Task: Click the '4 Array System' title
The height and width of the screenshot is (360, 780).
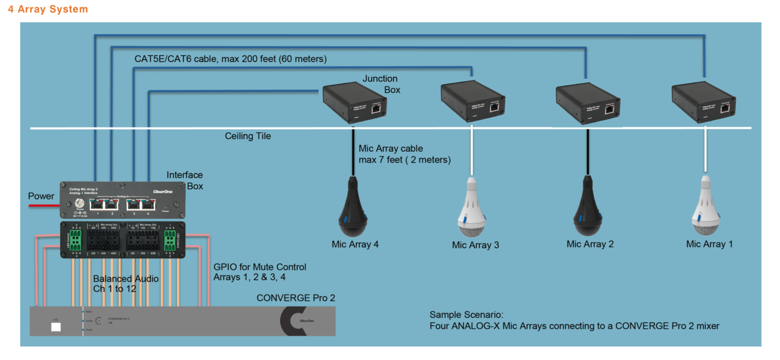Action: click(48, 9)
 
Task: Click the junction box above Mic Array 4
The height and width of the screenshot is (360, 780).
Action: click(354, 102)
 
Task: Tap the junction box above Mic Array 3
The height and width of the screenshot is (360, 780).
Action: click(472, 101)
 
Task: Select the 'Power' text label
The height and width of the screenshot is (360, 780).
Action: click(41, 196)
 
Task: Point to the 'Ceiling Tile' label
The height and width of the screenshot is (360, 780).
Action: click(248, 136)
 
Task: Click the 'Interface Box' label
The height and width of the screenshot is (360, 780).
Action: click(185, 180)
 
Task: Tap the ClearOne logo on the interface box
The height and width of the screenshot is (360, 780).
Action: click(162, 192)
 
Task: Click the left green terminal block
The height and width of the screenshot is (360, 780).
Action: click(76, 240)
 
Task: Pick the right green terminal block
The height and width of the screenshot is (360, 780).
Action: click(170, 240)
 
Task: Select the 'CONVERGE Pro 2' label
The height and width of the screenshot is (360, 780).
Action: click(296, 298)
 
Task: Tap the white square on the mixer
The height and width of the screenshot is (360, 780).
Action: click(56, 327)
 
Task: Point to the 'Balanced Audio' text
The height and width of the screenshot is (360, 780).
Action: click(126, 279)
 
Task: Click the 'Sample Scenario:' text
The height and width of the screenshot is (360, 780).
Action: click(466, 315)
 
